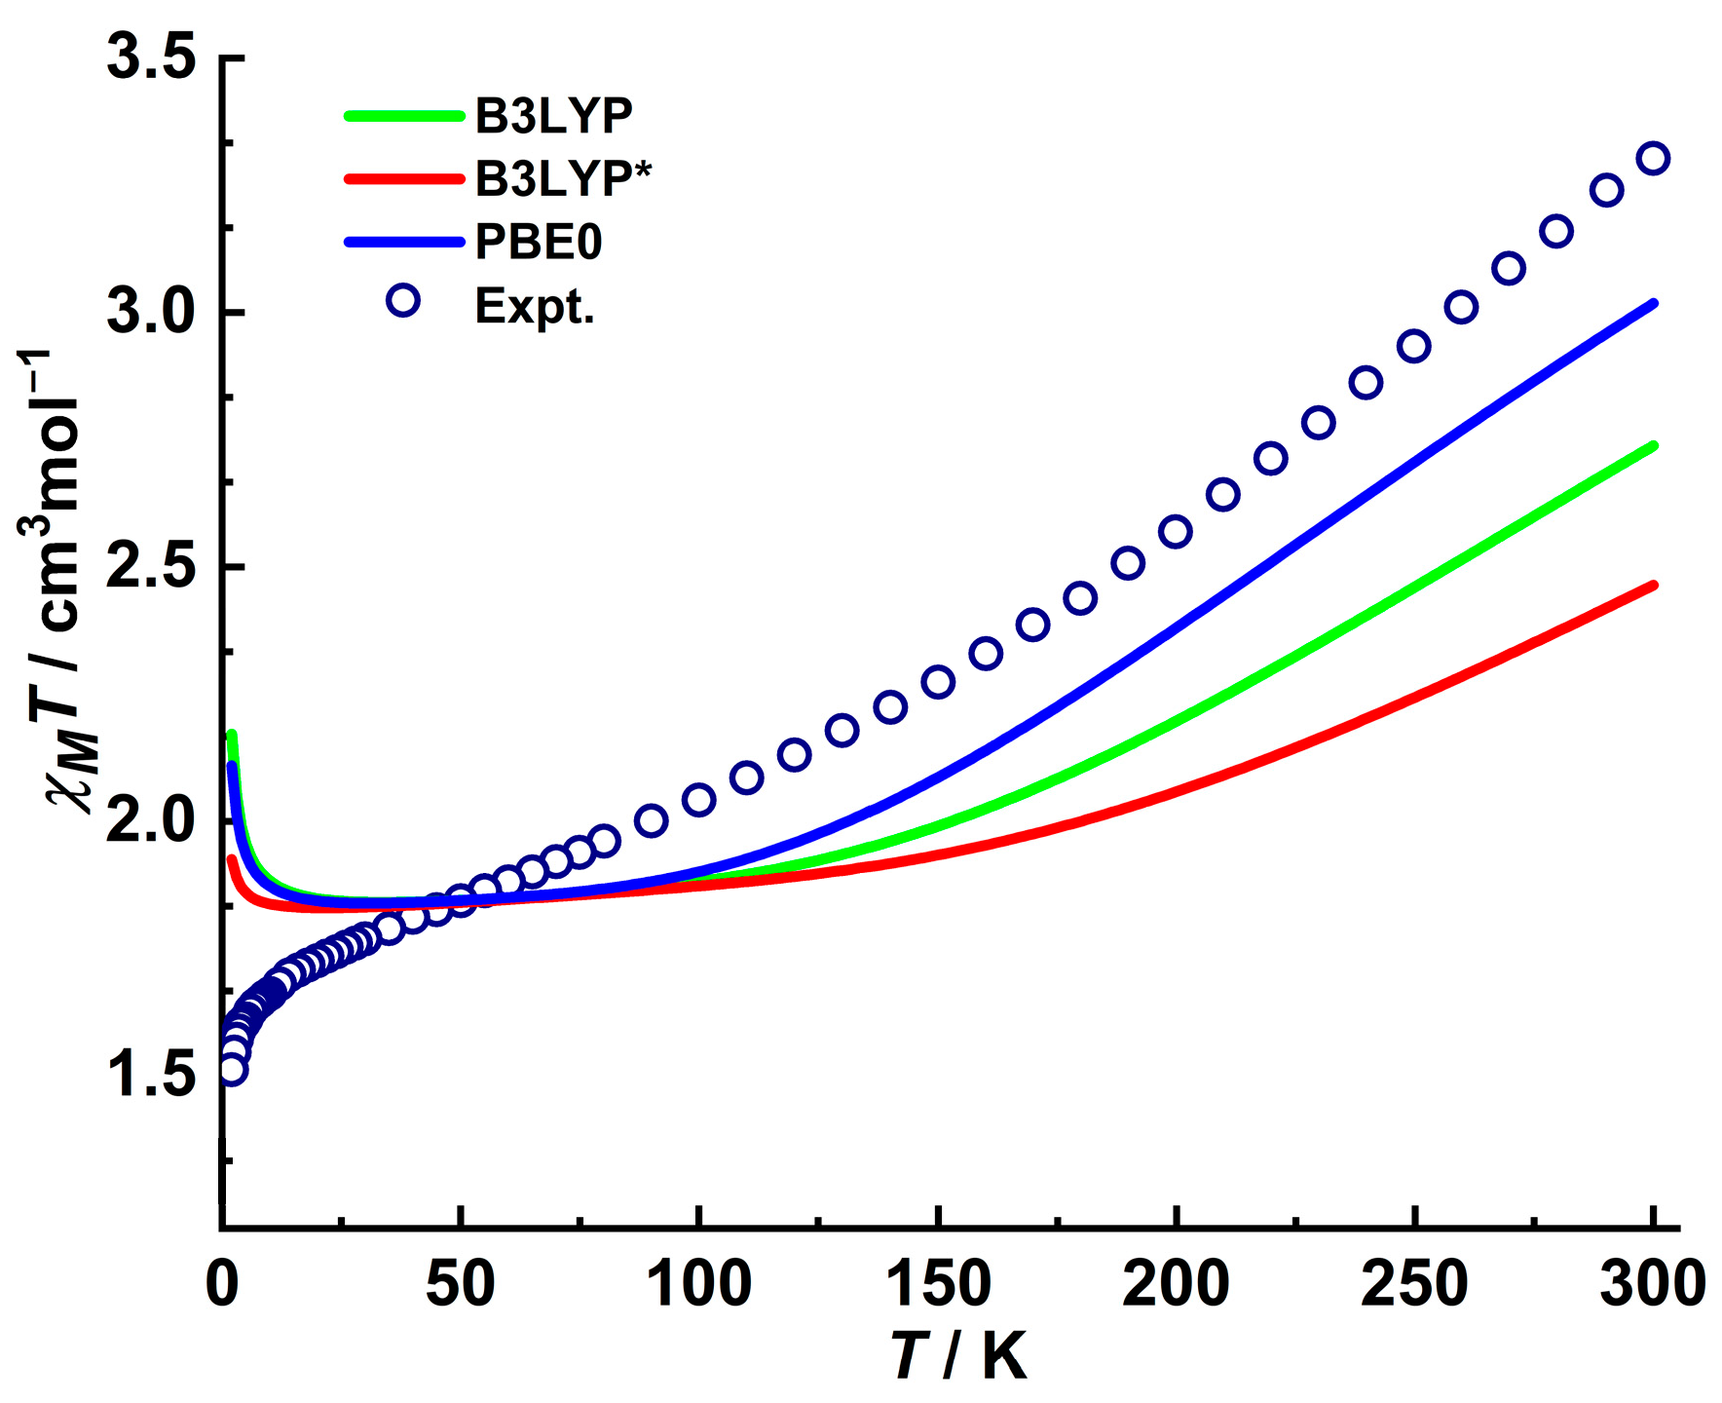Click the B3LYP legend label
(553, 115)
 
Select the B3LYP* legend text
(563, 178)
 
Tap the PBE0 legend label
(539, 242)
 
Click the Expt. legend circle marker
(403, 300)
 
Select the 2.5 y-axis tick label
(151, 567)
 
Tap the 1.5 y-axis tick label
(151, 1077)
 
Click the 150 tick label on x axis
(937, 1284)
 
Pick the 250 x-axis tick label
(1413, 1284)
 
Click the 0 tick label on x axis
(222, 1284)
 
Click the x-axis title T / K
(959, 1354)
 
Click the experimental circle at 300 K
(1653, 158)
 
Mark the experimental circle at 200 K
(1176, 532)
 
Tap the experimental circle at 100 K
(699, 800)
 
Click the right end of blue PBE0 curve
(1653, 304)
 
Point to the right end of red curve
(1653, 586)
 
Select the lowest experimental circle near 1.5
(232, 1070)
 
